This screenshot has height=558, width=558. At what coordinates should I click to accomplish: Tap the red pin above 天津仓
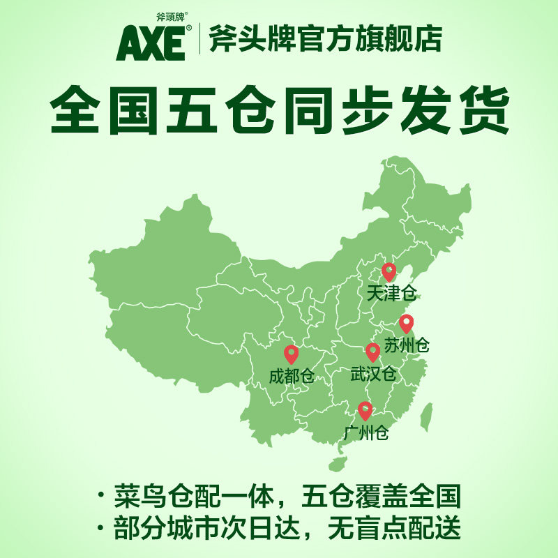[x=389, y=271]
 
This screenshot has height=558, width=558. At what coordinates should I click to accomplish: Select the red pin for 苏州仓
[x=406, y=324]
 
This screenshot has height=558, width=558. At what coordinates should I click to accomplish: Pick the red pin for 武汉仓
[x=373, y=352]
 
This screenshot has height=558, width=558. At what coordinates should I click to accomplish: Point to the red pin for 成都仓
[x=292, y=355]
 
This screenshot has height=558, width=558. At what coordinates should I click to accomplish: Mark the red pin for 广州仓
[x=365, y=411]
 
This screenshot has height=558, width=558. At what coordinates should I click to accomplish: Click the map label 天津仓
[x=391, y=294]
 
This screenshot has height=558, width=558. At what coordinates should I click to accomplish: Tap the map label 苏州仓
[x=407, y=345]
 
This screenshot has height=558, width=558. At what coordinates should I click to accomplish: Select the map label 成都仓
[x=292, y=377]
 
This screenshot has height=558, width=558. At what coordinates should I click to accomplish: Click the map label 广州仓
[x=365, y=433]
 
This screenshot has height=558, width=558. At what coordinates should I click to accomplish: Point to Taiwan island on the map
[x=428, y=416]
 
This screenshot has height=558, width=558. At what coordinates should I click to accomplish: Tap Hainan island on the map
[x=338, y=464]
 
